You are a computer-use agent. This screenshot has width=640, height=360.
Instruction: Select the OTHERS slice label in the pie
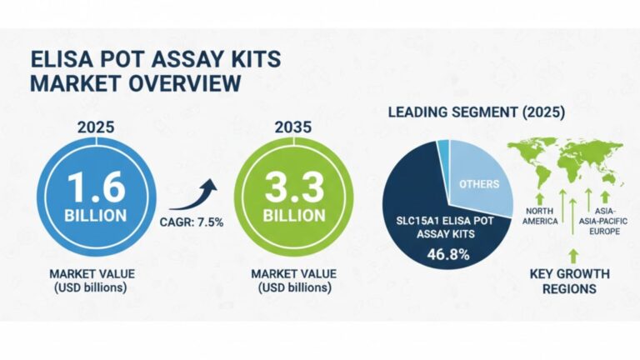[x=477, y=184]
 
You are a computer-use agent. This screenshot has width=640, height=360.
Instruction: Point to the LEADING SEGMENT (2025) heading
[x=476, y=112]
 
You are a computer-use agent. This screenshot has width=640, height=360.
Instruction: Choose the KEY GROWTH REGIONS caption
[x=570, y=281]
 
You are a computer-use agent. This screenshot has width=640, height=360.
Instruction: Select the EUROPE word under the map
[x=606, y=230]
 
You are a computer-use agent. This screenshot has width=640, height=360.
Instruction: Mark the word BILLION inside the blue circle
[x=97, y=215]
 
